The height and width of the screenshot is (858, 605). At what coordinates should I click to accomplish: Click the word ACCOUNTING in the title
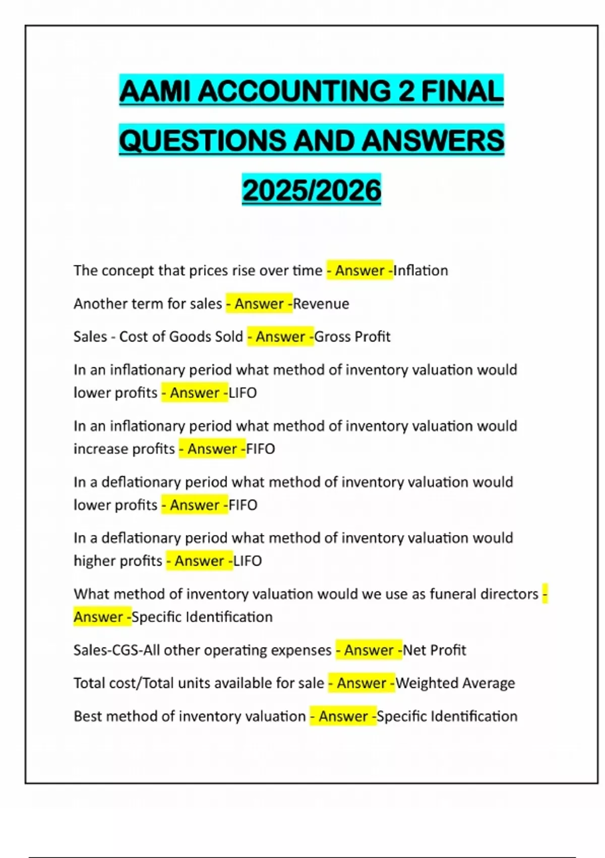pyautogui.click(x=294, y=91)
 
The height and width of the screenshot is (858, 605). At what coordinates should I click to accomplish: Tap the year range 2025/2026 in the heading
pyautogui.click(x=312, y=190)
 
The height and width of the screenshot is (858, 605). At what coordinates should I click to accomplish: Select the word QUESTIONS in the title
pyautogui.click(x=202, y=140)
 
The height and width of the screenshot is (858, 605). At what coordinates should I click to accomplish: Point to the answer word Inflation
pyautogui.click(x=420, y=271)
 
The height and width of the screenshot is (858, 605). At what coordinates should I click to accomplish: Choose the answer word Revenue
pyautogui.click(x=321, y=304)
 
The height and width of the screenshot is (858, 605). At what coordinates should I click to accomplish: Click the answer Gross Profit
pyautogui.click(x=352, y=337)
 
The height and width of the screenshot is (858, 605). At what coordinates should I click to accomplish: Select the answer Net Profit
pyautogui.click(x=434, y=650)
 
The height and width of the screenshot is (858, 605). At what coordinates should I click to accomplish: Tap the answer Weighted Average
pyautogui.click(x=455, y=683)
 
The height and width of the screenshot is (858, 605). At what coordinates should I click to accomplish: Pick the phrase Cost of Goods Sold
pyautogui.click(x=181, y=337)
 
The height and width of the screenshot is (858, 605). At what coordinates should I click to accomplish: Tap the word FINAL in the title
pyautogui.click(x=462, y=91)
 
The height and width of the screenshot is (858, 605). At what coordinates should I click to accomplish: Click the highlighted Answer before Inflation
pyautogui.click(x=359, y=271)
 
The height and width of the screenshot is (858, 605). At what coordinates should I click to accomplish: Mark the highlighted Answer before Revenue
pyautogui.click(x=259, y=304)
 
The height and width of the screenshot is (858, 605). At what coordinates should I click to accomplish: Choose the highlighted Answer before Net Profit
pyautogui.click(x=369, y=650)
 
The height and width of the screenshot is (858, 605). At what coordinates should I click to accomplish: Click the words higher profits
pyautogui.click(x=118, y=561)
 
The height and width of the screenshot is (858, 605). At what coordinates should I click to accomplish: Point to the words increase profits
pyautogui.click(x=124, y=449)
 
